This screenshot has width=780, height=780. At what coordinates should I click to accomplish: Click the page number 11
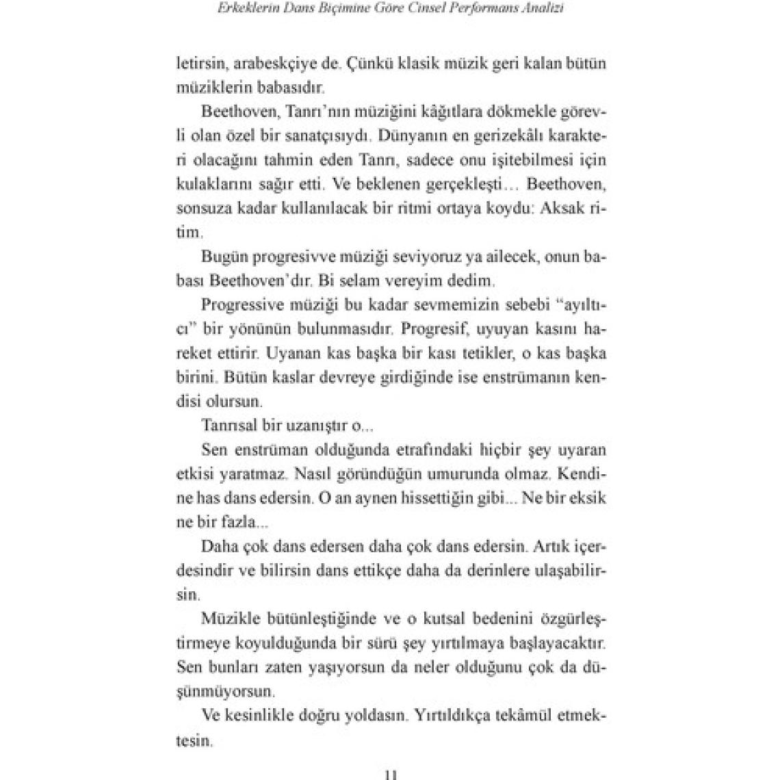pos(391,774)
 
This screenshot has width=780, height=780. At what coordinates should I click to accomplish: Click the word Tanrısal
pos(229,426)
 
